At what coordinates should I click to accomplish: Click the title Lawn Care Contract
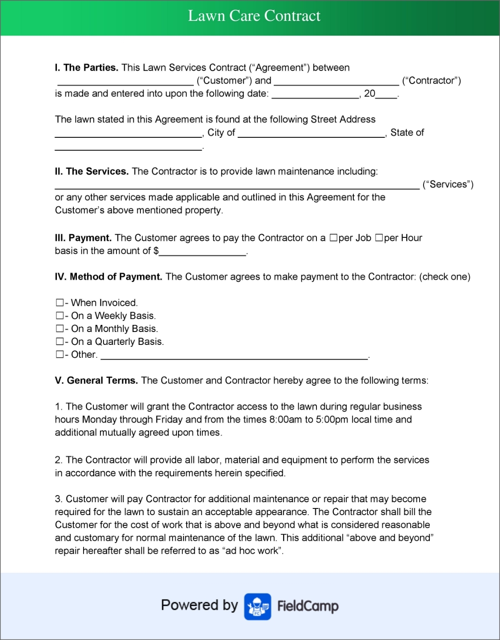tap(254, 16)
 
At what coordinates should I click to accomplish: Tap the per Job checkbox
tap(333, 238)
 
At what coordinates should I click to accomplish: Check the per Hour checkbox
tap(379, 238)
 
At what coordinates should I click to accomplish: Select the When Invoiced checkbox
tap(60, 303)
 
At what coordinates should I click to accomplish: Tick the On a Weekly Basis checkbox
tap(60, 316)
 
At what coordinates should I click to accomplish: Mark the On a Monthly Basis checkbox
tap(60, 328)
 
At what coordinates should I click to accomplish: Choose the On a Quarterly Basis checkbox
tap(60, 341)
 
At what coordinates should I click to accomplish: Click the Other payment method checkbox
tap(60, 354)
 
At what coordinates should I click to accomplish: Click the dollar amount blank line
tap(203, 253)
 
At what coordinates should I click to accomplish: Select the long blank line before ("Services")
tap(237, 186)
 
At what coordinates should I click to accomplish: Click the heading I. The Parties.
tap(87, 68)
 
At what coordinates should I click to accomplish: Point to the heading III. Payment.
tap(83, 238)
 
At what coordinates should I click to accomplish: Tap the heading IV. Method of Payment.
tap(108, 277)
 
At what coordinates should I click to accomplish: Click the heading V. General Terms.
tap(96, 380)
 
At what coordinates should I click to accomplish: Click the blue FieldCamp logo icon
tap(257, 606)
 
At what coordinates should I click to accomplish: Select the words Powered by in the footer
tap(200, 605)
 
